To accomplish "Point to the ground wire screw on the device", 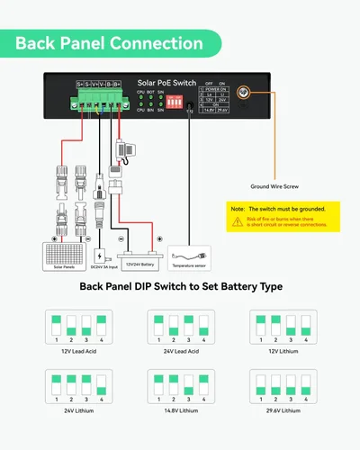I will (x=242, y=94).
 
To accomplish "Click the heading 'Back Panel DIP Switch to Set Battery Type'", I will (x=181, y=287).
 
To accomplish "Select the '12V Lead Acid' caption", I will (x=78, y=350).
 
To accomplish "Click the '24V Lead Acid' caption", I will (x=179, y=350).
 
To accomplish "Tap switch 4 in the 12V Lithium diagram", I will (x=309, y=324).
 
